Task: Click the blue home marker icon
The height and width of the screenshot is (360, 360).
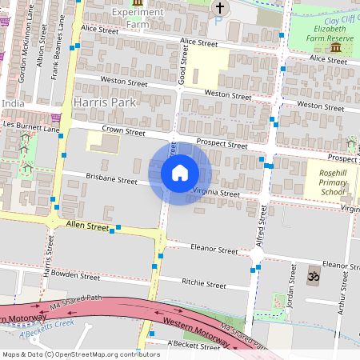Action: pos(179,172)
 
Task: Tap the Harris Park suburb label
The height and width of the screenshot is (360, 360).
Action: pos(105,103)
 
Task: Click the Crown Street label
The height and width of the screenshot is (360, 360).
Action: pos(122,131)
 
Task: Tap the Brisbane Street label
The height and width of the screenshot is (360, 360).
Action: pos(112,180)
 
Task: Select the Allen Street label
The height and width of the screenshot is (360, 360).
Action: pos(87,227)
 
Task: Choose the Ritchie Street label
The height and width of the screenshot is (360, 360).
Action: pos(205,284)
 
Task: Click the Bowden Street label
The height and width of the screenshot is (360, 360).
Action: pos(78,276)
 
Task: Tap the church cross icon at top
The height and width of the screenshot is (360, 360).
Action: pos(220,9)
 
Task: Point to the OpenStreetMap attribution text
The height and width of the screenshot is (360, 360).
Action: pos(81,354)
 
